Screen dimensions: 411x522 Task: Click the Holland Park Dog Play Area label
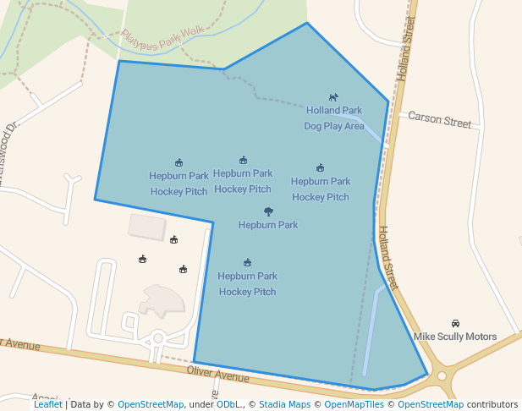tap(334, 118)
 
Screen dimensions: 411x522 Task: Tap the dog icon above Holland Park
tap(333, 98)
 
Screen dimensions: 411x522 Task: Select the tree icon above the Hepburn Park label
tap(268, 211)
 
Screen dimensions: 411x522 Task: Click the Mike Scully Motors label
tap(455, 337)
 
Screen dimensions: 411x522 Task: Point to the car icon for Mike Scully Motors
tap(455, 323)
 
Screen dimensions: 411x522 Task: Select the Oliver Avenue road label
tap(217, 372)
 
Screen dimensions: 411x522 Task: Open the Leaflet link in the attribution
tap(48, 404)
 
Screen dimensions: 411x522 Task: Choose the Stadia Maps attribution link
tap(283, 404)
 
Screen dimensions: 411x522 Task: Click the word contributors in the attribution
tap(492, 404)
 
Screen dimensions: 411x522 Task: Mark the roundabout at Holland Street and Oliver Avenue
tap(441, 376)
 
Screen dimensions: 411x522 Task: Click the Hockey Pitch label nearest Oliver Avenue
tap(247, 284)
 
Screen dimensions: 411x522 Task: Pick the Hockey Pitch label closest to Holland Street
tap(321, 189)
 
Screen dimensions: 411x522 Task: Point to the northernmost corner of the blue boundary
tap(306, 23)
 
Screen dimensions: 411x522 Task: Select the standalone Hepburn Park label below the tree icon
tap(268, 225)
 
